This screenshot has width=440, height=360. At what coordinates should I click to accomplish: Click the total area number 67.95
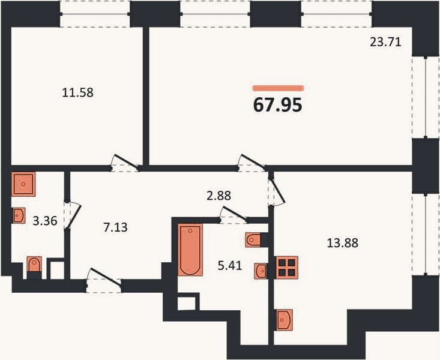click(277, 105)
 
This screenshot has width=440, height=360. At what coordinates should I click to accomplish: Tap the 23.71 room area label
click(385, 42)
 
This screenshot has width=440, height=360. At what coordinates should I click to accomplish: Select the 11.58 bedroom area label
click(77, 92)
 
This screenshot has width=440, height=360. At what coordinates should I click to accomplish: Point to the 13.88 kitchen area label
click(343, 243)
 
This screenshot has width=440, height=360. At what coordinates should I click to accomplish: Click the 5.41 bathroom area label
click(230, 265)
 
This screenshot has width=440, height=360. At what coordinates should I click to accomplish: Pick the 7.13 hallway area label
click(116, 227)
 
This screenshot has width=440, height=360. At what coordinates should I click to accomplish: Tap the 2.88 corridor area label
click(219, 196)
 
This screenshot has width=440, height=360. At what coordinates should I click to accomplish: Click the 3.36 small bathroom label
click(45, 221)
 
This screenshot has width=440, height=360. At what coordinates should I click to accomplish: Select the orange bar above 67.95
click(278, 88)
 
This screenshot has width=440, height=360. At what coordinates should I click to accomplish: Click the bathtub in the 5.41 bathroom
click(190, 250)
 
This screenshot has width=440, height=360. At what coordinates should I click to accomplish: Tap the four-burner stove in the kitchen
click(287, 268)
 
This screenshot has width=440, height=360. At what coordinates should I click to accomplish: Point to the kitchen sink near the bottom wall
click(285, 320)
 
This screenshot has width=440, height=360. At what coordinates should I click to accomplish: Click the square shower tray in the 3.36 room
click(23, 184)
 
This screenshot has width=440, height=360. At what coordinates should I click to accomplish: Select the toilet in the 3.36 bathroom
click(34, 265)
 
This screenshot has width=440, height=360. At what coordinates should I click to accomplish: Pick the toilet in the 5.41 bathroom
click(253, 240)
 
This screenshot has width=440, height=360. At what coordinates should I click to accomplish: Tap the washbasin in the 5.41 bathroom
click(261, 271)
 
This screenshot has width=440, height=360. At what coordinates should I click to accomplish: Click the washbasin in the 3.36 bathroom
click(19, 215)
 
